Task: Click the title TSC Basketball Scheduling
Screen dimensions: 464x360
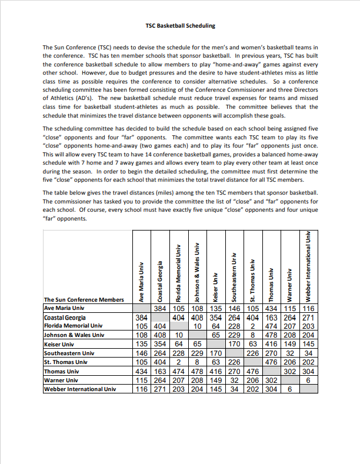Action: pyautogui.click(x=180, y=26)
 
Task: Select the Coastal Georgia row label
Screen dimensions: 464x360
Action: pyautogui.click(x=65, y=318)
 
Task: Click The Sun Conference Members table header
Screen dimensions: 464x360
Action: pyautogui.click(x=84, y=299)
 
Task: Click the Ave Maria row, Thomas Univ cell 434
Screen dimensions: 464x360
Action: pyautogui.click(x=271, y=308)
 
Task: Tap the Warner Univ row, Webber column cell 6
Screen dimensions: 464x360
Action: pyautogui.click(x=308, y=380)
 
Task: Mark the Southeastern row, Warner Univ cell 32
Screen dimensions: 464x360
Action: pyautogui.click(x=289, y=353)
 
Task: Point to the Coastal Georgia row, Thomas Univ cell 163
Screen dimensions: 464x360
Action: pyautogui.click(x=271, y=318)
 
